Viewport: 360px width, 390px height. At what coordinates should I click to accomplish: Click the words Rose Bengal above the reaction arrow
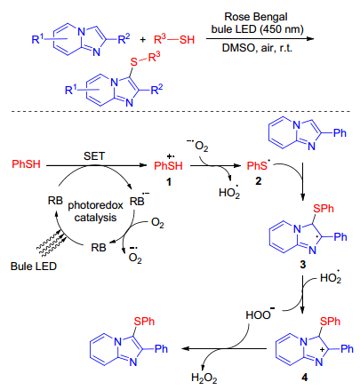point(256,17)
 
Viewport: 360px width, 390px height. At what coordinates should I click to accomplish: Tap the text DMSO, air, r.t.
point(257,48)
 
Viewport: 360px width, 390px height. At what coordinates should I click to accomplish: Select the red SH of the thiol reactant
point(187,39)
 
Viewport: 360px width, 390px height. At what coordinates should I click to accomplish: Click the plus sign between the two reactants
point(142,39)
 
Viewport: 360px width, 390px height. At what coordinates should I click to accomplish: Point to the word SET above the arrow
point(94,156)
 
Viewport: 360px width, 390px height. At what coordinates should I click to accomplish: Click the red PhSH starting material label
point(26,164)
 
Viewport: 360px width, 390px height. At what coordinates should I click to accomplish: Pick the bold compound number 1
point(169,182)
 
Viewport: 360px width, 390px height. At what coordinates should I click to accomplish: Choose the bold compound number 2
point(259,181)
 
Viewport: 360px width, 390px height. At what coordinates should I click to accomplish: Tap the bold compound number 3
point(302,265)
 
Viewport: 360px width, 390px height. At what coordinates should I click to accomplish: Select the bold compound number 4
point(304,378)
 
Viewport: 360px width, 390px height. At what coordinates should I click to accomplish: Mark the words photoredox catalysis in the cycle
point(95,211)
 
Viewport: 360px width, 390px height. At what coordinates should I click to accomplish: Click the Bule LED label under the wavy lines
point(34,267)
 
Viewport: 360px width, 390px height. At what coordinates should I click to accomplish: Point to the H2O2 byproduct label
point(204,378)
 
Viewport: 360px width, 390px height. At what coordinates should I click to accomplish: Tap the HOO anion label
point(260,314)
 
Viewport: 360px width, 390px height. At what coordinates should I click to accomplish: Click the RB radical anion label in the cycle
point(140,200)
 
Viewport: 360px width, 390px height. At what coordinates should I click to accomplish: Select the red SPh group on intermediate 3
point(324,209)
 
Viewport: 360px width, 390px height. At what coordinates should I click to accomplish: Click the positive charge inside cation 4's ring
point(323,350)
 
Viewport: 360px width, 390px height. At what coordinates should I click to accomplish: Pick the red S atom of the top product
point(134,61)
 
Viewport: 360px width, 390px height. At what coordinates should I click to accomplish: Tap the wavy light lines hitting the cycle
point(51,243)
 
